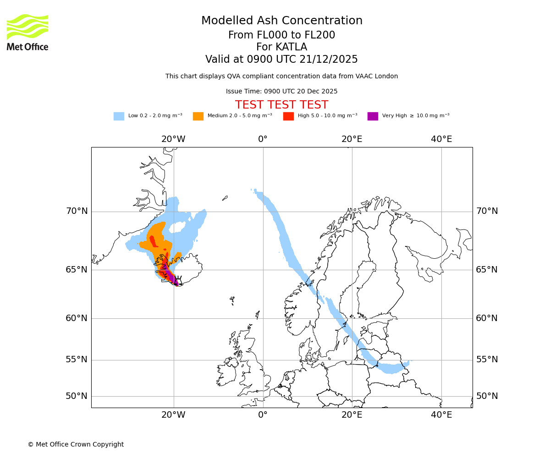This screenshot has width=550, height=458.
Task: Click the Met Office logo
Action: (x=27, y=32)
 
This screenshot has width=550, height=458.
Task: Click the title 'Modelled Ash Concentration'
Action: (x=281, y=21)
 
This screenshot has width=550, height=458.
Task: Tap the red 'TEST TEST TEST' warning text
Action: (x=281, y=105)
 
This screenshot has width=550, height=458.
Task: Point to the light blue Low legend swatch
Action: (x=119, y=116)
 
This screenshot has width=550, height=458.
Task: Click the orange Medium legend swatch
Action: (x=198, y=116)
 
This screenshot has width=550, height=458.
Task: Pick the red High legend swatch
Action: (x=288, y=116)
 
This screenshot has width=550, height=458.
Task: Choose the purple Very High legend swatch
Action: (x=373, y=116)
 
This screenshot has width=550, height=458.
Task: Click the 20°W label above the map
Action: (x=173, y=139)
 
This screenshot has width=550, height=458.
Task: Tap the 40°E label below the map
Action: (x=441, y=415)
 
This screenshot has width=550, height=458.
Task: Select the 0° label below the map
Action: (x=263, y=415)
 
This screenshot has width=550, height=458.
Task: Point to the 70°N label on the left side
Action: (x=77, y=211)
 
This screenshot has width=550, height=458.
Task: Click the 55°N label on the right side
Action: (x=487, y=360)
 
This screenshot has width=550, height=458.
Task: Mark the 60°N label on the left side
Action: (x=77, y=318)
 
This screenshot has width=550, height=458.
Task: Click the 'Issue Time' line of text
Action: (x=281, y=92)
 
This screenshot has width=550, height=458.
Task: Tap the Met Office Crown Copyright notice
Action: (x=76, y=445)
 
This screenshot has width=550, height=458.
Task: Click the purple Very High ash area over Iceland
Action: (x=170, y=275)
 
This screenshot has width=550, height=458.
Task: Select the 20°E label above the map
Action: (x=352, y=139)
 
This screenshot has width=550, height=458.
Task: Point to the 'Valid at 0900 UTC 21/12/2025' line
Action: (x=281, y=60)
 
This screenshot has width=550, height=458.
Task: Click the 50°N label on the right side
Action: (x=487, y=396)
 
